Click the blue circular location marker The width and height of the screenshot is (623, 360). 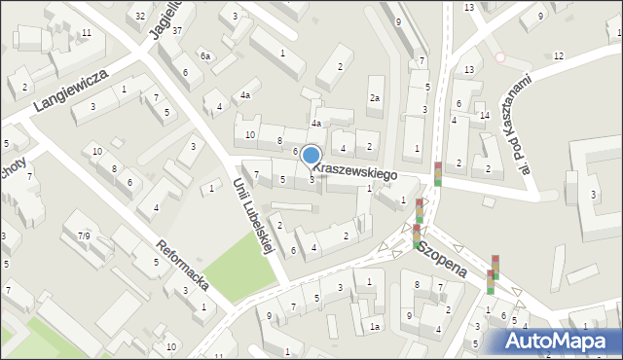click(x=311, y=156)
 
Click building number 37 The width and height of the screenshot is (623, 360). click(x=176, y=31)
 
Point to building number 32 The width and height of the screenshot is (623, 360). click(x=141, y=16)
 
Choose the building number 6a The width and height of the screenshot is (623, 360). click(x=205, y=56)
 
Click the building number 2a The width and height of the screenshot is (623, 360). click(x=374, y=98)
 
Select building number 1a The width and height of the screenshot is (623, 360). click(x=374, y=327)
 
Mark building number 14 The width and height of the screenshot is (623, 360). click(x=484, y=116)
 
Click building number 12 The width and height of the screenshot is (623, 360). click(x=558, y=55)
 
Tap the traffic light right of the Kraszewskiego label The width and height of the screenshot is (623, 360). click(x=438, y=172)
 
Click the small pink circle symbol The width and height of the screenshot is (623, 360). click(x=500, y=57)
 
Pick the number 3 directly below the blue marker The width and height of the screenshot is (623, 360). click(x=311, y=178)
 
